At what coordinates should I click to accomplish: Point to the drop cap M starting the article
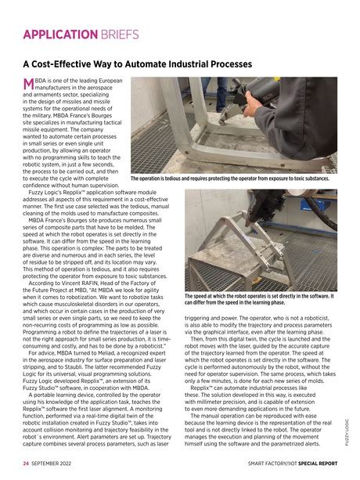point(30,83)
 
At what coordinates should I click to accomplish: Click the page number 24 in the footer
point(26,463)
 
